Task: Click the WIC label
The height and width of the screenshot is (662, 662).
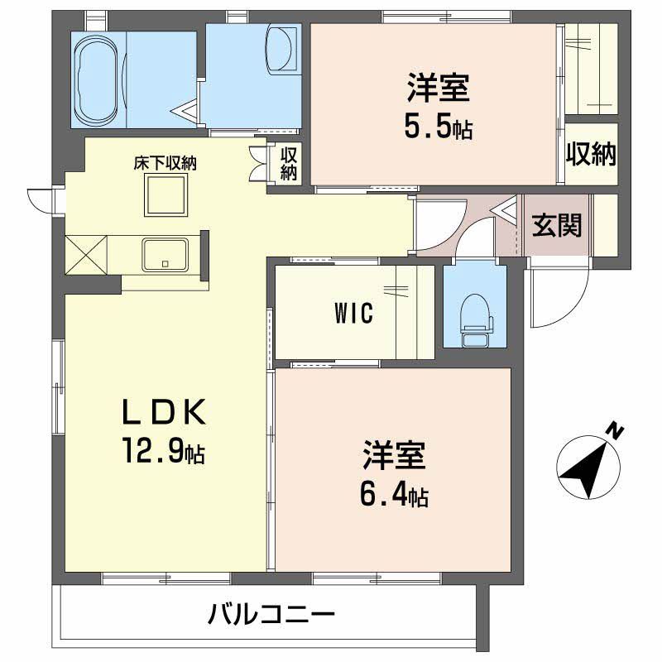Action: coord(354,314)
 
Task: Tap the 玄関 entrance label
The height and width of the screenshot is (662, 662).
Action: coord(556,225)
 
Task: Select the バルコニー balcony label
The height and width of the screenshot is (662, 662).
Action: coord(271,615)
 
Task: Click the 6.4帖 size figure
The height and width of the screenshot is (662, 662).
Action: coord(393,496)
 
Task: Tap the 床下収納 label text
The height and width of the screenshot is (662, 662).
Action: coord(165,163)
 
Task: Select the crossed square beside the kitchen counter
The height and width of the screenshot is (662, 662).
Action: coord(87,255)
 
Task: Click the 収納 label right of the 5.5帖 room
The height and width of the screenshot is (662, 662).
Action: coord(592,153)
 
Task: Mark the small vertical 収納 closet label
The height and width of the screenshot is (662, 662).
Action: coord(288,163)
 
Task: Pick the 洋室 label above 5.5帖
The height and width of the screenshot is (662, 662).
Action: coord(438,88)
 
